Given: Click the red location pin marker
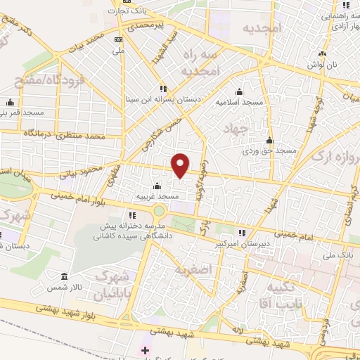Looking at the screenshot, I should coord(181,165).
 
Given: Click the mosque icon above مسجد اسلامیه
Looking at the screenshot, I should coord(238,91).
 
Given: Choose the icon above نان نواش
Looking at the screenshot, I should coord(323,53).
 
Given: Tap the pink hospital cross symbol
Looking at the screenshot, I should coord(146,349).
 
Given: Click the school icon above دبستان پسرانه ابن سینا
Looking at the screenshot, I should coord(162,89).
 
